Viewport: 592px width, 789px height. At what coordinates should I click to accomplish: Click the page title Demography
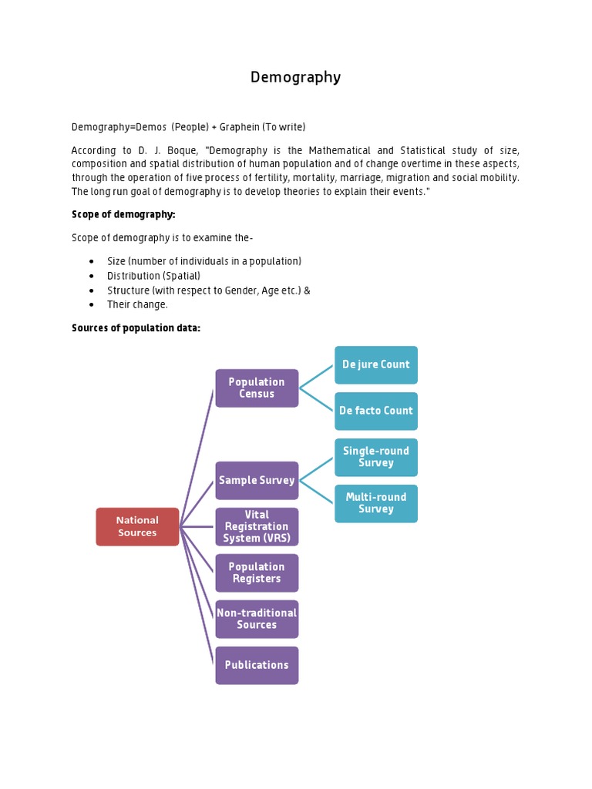point(295,77)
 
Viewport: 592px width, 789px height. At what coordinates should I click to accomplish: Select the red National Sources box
point(137,527)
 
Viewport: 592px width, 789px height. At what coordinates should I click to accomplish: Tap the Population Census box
point(257,388)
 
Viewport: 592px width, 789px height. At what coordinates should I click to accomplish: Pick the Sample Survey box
point(257,481)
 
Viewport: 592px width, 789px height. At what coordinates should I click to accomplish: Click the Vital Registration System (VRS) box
point(257,527)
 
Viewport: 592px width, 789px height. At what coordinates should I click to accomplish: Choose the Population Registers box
point(257,573)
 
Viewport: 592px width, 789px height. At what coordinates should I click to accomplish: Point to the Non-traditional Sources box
point(257,619)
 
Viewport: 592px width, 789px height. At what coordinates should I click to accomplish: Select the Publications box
point(257,666)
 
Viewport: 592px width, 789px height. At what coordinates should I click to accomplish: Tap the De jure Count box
point(376,364)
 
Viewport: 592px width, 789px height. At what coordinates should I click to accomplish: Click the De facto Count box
point(376,411)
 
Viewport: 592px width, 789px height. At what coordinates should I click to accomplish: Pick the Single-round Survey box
point(376,458)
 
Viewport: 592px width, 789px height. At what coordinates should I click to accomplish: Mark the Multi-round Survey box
point(376,504)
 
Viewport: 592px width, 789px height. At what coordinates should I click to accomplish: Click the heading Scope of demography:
point(123,214)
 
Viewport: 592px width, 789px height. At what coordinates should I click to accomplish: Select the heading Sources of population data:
point(136,328)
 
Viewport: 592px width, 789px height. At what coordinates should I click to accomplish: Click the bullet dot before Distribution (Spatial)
point(92,276)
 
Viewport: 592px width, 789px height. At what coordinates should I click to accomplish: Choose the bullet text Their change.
point(137,305)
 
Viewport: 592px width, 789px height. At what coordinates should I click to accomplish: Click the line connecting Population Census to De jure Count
point(316,377)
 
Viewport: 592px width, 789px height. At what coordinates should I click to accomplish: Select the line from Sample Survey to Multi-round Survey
point(316,492)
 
